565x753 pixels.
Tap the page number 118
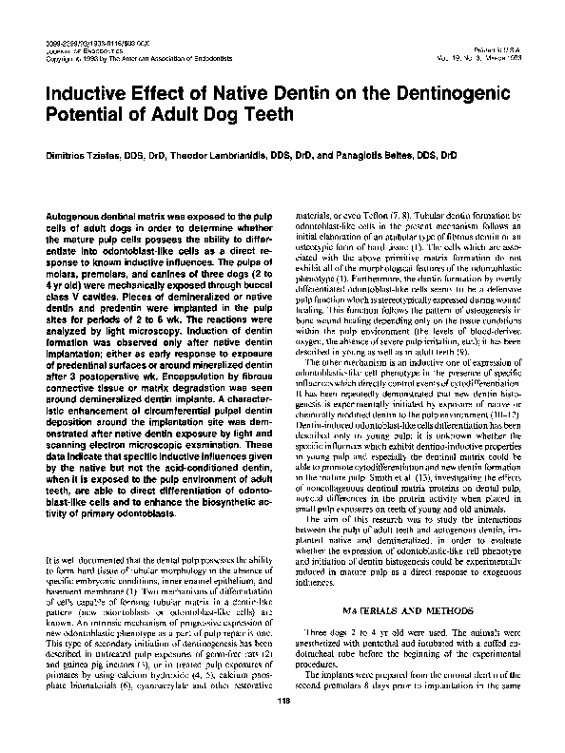pos(282,728)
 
